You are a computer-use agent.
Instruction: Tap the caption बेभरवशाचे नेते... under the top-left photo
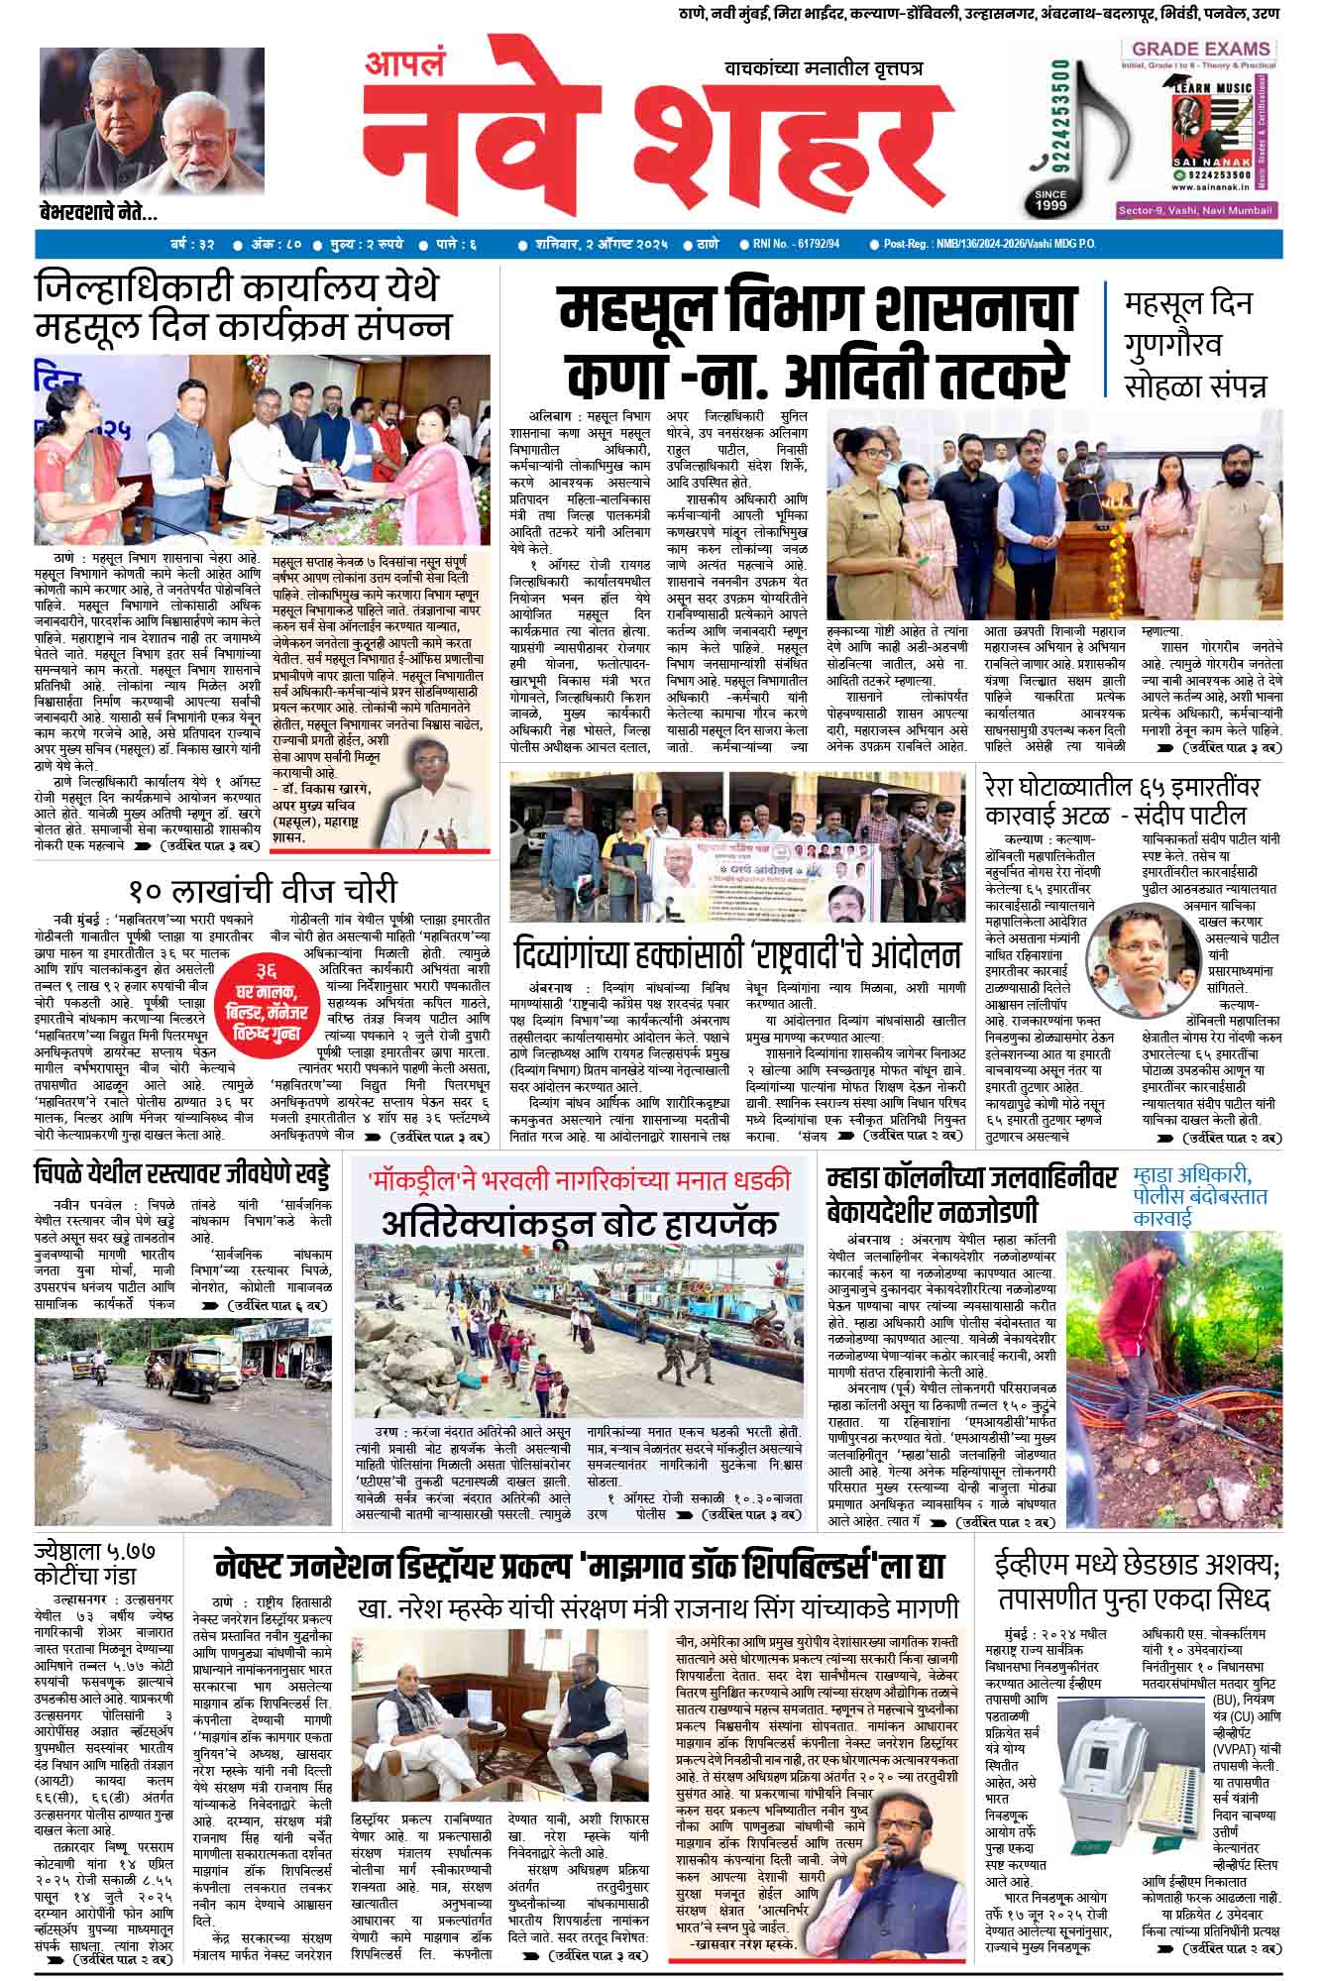pos(98,211)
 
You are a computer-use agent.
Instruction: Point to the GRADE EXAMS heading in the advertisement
pos(1201,49)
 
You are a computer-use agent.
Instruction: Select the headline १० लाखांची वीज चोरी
pos(262,889)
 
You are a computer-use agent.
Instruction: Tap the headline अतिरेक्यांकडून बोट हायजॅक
pos(580,1223)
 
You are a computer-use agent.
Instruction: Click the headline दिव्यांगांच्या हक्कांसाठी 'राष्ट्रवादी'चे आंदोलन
pos(737,955)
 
